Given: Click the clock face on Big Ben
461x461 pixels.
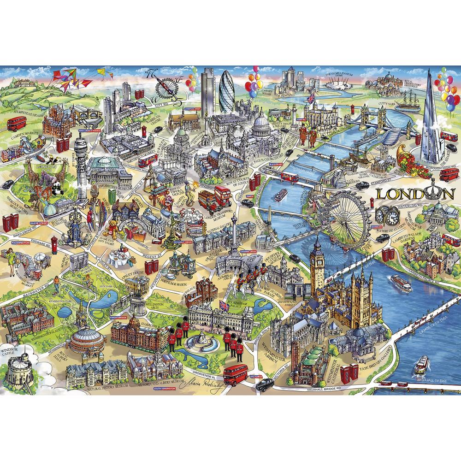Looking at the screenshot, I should pos(318,259).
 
